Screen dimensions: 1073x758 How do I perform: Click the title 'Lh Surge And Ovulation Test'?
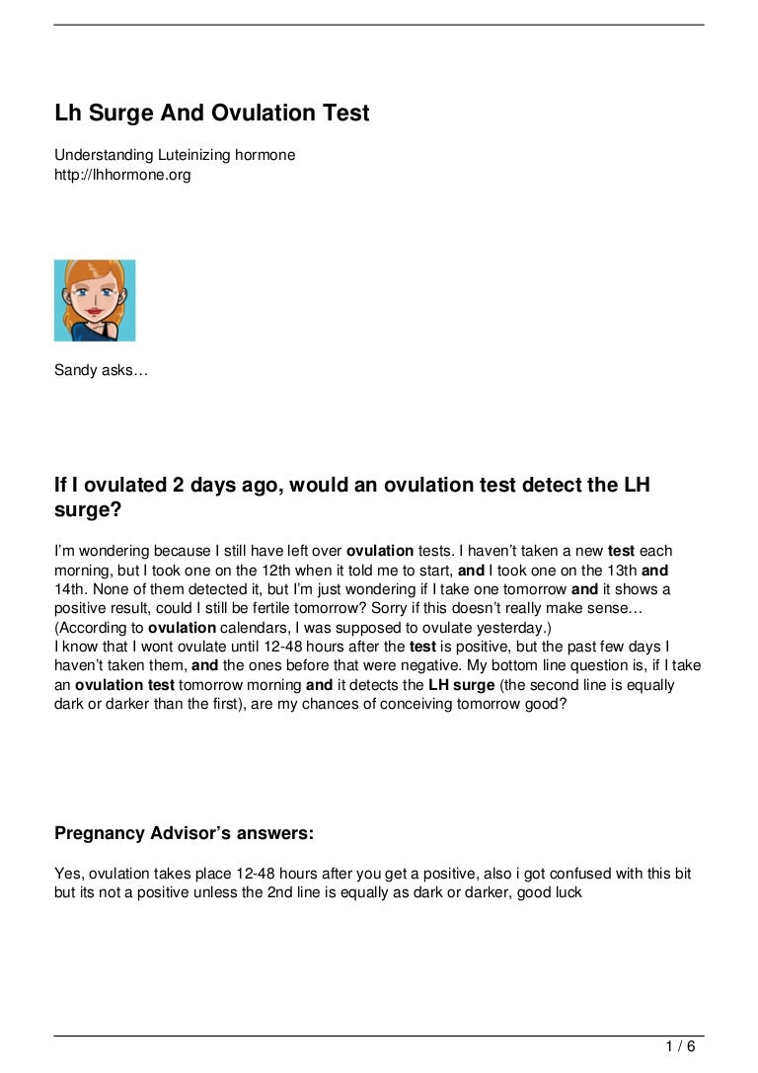coord(212,114)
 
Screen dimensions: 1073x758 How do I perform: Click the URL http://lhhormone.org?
coord(122,175)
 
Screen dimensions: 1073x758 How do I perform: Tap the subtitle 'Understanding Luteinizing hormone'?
coord(175,155)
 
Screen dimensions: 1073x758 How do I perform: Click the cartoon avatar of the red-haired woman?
coord(95,300)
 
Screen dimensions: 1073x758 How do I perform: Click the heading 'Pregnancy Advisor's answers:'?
coord(184,834)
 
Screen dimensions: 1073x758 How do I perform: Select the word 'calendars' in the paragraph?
coord(243,627)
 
